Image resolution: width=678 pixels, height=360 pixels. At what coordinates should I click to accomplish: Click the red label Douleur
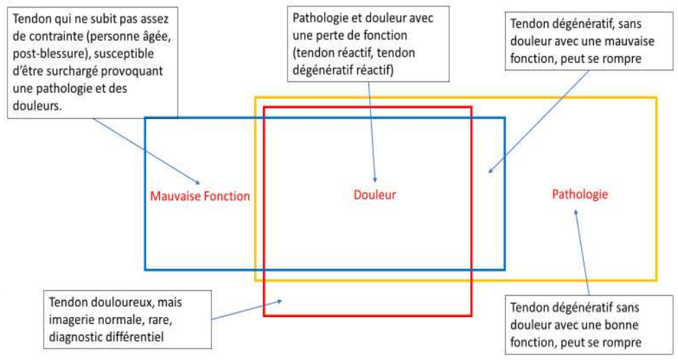pos(375,195)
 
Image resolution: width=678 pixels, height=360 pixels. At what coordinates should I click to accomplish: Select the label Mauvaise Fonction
pos(200,196)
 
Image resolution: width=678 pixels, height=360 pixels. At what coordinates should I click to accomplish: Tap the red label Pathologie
pos(580,195)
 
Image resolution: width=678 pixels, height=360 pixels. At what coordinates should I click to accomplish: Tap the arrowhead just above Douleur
pos(375,180)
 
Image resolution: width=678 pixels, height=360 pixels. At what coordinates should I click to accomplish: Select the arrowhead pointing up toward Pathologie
pos(575,212)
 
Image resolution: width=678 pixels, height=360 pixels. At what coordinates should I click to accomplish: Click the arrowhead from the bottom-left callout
pos(280,301)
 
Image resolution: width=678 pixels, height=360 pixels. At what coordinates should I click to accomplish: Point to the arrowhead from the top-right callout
pos(491,170)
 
